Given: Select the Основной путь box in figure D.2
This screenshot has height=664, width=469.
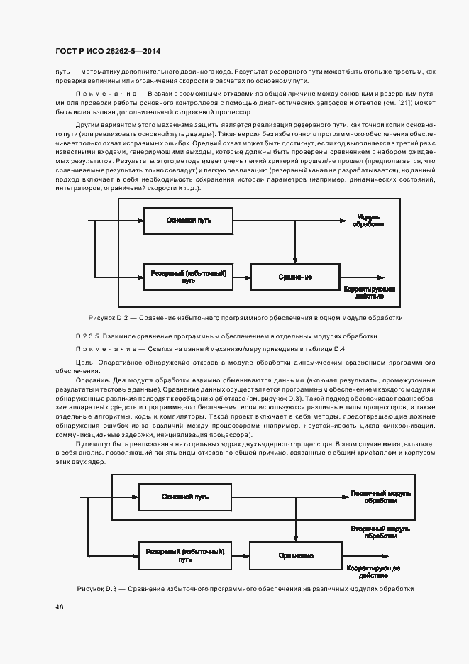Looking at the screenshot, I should click(x=188, y=221).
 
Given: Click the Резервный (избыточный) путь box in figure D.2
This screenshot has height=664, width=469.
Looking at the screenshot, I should click(x=188, y=277).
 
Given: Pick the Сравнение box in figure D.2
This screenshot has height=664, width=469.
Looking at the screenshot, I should click(x=295, y=277).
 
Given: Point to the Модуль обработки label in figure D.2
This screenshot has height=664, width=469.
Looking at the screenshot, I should click(x=370, y=220).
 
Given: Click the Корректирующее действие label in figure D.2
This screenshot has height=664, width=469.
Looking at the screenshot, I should click(x=370, y=293).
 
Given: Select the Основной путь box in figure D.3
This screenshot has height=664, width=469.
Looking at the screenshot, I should click(x=184, y=495).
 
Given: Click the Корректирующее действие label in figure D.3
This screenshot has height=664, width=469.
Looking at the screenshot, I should click(x=373, y=571).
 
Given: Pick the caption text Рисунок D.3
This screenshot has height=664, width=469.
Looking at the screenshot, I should click(x=101, y=590).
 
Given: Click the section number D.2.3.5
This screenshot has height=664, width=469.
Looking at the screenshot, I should click(x=89, y=336).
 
